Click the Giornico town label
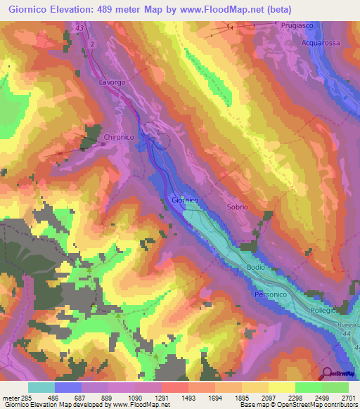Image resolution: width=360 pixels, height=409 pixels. pyautogui.click(x=186, y=200)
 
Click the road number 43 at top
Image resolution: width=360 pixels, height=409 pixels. pyautogui.click(x=79, y=28)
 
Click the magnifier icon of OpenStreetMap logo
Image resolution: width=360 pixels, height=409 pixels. pyautogui.click(x=327, y=374)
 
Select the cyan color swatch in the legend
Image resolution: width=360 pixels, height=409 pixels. pyautogui.click(x=41, y=387)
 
